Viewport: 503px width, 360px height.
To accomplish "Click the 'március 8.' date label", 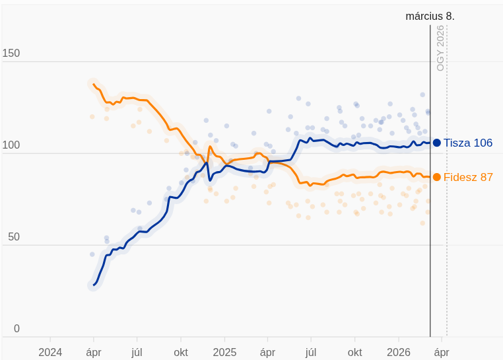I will (x=430, y=16).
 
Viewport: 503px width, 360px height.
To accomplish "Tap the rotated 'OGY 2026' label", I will (x=440, y=48).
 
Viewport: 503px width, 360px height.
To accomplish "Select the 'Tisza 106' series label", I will (x=468, y=143).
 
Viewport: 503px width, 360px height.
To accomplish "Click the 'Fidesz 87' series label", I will (x=468, y=177).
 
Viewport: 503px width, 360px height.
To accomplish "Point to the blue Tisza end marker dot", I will (x=437, y=143).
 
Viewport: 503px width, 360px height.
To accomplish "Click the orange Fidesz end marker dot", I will (x=437, y=177).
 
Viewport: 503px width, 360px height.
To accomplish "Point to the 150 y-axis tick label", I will (x=11, y=54).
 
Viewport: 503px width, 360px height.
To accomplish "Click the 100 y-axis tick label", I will (x=11, y=145).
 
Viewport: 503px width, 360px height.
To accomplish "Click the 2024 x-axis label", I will (x=50, y=352).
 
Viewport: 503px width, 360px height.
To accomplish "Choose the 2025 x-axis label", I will (x=224, y=352).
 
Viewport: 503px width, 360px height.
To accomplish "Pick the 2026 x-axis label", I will (x=399, y=352).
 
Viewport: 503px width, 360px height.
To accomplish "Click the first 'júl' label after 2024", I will (x=137, y=352).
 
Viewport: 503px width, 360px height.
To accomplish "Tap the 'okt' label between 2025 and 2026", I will (x=355, y=352).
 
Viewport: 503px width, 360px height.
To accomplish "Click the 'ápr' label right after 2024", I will (x=94, y=352).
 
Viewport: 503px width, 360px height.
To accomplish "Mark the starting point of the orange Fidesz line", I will (x=92, y=83).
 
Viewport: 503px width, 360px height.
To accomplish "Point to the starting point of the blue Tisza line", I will (x=93, y=285).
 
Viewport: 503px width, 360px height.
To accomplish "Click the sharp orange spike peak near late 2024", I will (x=209, y=147).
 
